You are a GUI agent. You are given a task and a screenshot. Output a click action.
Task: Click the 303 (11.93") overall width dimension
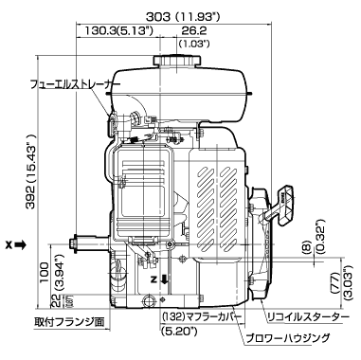[x=183, y=16]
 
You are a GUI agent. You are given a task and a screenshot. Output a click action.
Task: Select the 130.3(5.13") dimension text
[x=119, y=30]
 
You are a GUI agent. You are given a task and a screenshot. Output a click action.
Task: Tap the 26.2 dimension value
[x=194, y=30]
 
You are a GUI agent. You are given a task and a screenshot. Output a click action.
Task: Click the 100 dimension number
[x=44, y=272]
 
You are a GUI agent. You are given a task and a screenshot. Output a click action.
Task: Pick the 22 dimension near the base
[x=56, y=301]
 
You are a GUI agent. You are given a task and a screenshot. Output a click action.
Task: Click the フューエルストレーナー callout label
[x=75, y=84]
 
